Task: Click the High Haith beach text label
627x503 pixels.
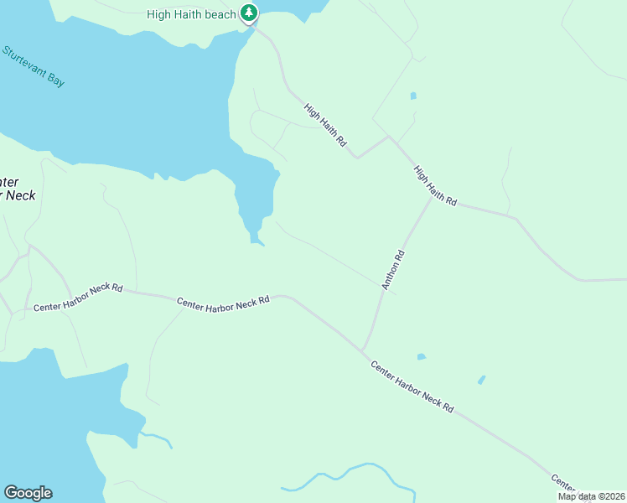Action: [x=192, y=14]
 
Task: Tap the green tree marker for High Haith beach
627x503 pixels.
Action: [x=249, y=13]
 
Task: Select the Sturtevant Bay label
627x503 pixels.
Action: [x=34, y=66]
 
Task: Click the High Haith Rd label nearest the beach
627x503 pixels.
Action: [x=325, y=125]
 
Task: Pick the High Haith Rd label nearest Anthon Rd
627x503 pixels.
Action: [x=435, y=186]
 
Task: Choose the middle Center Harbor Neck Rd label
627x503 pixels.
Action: [x=223, y=302]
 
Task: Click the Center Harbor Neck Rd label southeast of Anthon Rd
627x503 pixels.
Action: [x=412, y=386]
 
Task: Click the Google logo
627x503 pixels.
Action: [x=28, y=493]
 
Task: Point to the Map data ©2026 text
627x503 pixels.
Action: [x=590, y=496]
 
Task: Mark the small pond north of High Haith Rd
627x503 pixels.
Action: [x=413, y=96]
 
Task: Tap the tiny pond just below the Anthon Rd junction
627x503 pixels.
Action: [x=421, y=357]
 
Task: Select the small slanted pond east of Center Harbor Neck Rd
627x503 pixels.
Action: [x=481, y=380]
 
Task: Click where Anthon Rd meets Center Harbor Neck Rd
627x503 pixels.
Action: [x=362, y=349]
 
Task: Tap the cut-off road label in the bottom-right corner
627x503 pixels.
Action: [x=563, y=482]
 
